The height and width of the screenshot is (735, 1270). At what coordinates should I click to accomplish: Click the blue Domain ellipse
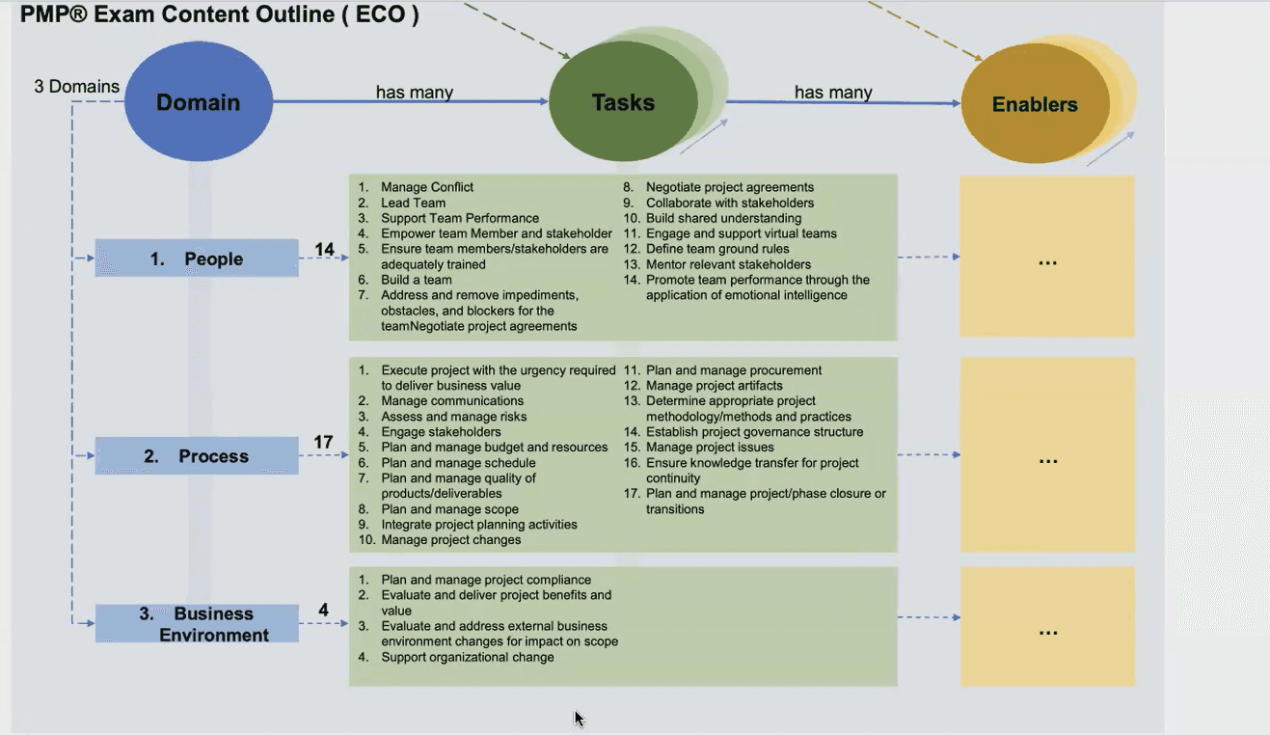199,101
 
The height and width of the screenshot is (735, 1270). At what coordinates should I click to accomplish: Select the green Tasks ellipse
623,101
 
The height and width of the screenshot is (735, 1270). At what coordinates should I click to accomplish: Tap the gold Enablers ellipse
1036,104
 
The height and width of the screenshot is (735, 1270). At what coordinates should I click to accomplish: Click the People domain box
197,259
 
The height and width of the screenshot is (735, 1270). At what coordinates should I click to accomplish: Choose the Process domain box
197,455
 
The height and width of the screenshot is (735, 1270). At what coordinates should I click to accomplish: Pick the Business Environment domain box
197,623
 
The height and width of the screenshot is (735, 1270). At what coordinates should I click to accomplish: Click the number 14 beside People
324,249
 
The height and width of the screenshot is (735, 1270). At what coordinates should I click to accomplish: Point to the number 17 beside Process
323,442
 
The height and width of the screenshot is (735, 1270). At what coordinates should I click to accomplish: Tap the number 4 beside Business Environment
323,610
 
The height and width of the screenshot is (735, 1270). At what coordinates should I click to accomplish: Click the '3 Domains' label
76,86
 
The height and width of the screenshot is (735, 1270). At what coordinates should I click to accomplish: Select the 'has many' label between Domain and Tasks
415,92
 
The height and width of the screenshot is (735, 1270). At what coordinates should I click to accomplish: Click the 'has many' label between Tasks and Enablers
833,92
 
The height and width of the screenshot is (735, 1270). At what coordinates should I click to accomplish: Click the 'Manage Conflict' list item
427,187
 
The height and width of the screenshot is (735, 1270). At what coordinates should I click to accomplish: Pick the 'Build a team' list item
417,280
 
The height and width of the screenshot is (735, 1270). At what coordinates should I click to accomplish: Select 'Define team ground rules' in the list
717,249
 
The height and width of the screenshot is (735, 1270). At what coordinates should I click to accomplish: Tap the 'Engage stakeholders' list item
441,432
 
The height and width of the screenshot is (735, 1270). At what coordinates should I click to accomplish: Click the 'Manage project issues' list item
710,448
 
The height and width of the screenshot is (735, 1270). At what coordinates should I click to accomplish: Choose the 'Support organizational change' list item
467,657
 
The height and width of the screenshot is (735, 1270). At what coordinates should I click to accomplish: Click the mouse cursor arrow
579,719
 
